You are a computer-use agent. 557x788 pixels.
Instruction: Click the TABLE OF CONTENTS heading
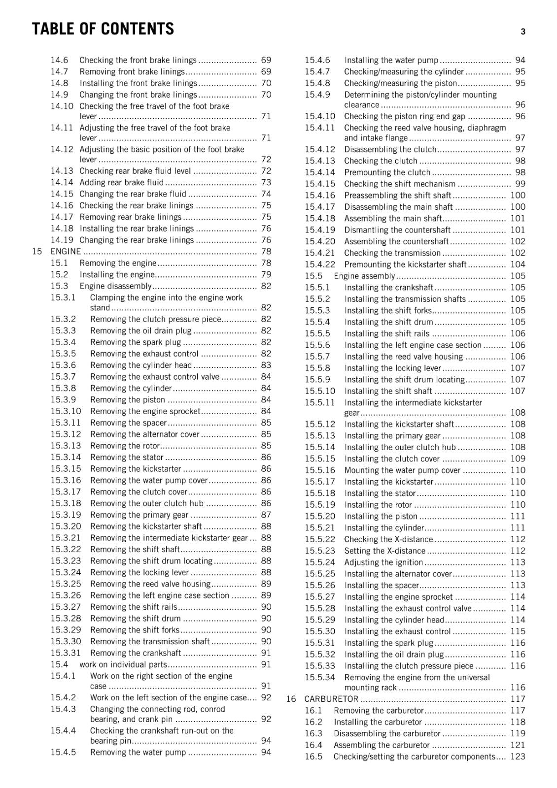click(103, 29)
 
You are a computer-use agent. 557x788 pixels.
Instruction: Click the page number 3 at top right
click(523, 32)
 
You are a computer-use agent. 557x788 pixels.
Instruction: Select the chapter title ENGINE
click(66, 251)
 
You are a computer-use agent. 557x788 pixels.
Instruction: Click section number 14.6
click(59, 60)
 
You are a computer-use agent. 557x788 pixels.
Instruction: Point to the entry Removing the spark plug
click(136, 342)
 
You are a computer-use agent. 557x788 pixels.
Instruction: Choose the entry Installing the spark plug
click(388, 643)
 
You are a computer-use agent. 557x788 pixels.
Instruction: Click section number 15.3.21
click(66, 538)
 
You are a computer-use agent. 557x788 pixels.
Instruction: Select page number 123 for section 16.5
click(518, 756)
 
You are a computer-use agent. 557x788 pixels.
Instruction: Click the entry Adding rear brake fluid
click(121, 182)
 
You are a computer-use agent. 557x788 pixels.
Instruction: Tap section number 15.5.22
click(319, 539)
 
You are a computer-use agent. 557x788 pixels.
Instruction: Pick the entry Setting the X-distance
click(384, 551)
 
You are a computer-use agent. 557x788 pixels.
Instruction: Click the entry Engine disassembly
click(115, 286)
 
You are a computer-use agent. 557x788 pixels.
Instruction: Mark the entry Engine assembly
click(364, 276)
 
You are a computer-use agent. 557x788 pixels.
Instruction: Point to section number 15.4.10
click(319, 116)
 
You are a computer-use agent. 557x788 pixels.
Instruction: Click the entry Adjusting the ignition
click(383, 562)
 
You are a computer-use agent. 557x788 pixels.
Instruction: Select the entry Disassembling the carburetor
click(386, 733)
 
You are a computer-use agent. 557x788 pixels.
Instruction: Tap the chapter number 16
click(291, 699)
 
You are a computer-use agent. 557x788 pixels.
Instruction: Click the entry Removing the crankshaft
click(136, 653)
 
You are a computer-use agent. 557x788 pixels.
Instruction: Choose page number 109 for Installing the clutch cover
click(518, 459)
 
